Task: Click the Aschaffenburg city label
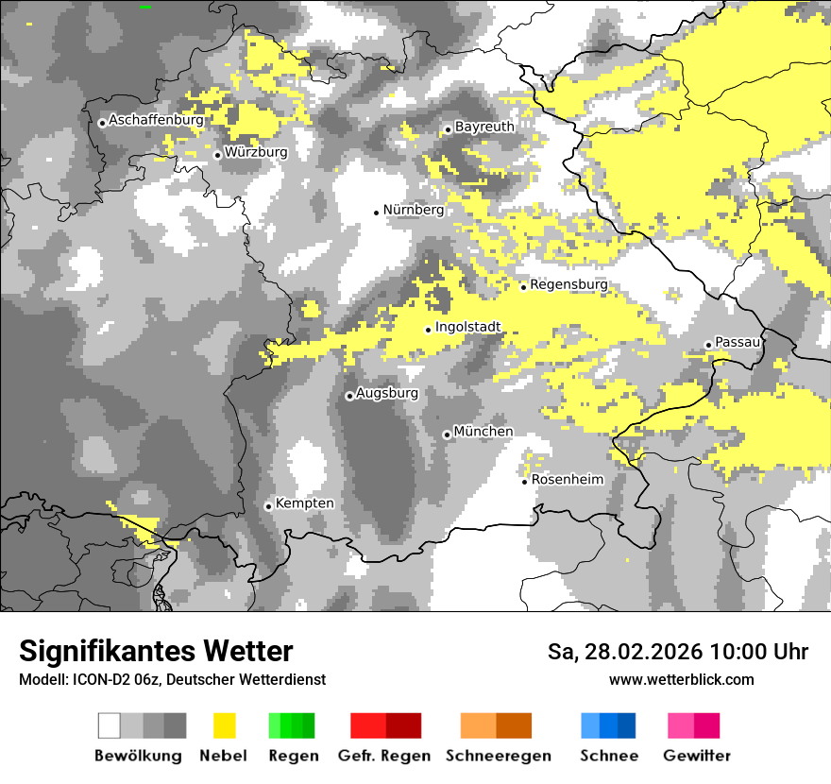coord(156,121)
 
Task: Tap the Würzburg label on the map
coord(256,152)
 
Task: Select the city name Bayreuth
coord(484,127)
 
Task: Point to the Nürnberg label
coord(413,210)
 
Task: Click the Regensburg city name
coord(568,284)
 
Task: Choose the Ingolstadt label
coord(467,328)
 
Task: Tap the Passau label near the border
coord(738,342)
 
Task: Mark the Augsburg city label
coord(387,393)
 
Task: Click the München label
coord(483,432)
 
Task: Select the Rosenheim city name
coord(568,480)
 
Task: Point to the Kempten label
coord(305,503)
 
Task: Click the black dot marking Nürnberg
coord(376,213)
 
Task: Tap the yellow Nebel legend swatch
coord(225,725)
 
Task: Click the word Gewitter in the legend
coord(697,756)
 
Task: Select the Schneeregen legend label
coord(498,756)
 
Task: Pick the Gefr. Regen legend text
coord(384,756)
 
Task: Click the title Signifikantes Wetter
coord(156,652)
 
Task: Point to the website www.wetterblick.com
coord(682,680)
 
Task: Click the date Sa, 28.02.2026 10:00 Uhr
coord(678,653)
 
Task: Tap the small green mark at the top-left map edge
coord(145,7)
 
